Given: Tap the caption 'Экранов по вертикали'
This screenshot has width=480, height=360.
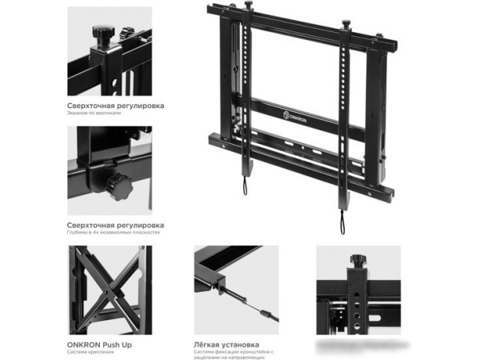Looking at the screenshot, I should [94, 113].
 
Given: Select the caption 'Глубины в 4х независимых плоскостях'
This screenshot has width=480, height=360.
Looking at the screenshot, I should [113, 231].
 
